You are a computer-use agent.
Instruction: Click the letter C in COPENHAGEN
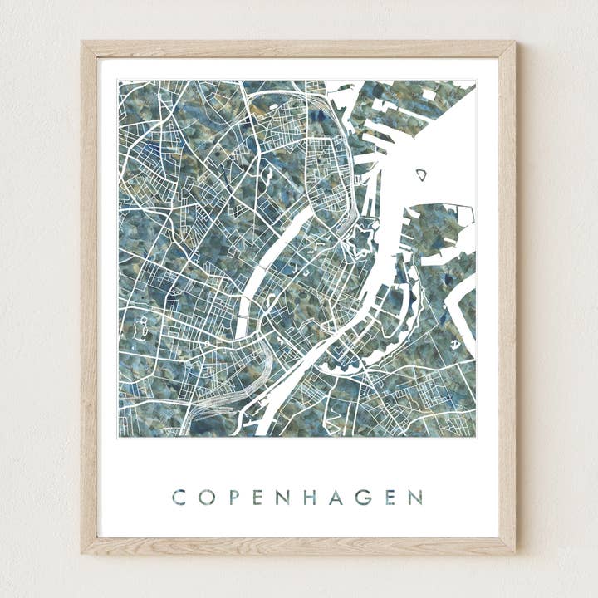[179, 498]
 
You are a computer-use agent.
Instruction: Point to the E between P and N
[257, 498]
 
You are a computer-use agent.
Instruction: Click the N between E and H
[282, 498]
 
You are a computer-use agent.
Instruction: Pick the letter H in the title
[309, 498]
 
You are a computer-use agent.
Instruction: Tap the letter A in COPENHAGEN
[336, 498]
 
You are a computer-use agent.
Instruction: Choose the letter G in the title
[363, 498]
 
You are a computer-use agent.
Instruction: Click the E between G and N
[389, 498]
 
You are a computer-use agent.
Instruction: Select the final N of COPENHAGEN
[414, 498]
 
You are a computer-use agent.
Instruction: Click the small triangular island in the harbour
[421, 174]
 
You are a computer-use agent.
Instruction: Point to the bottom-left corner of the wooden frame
[83, 551]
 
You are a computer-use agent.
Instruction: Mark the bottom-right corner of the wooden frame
[513, 551]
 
